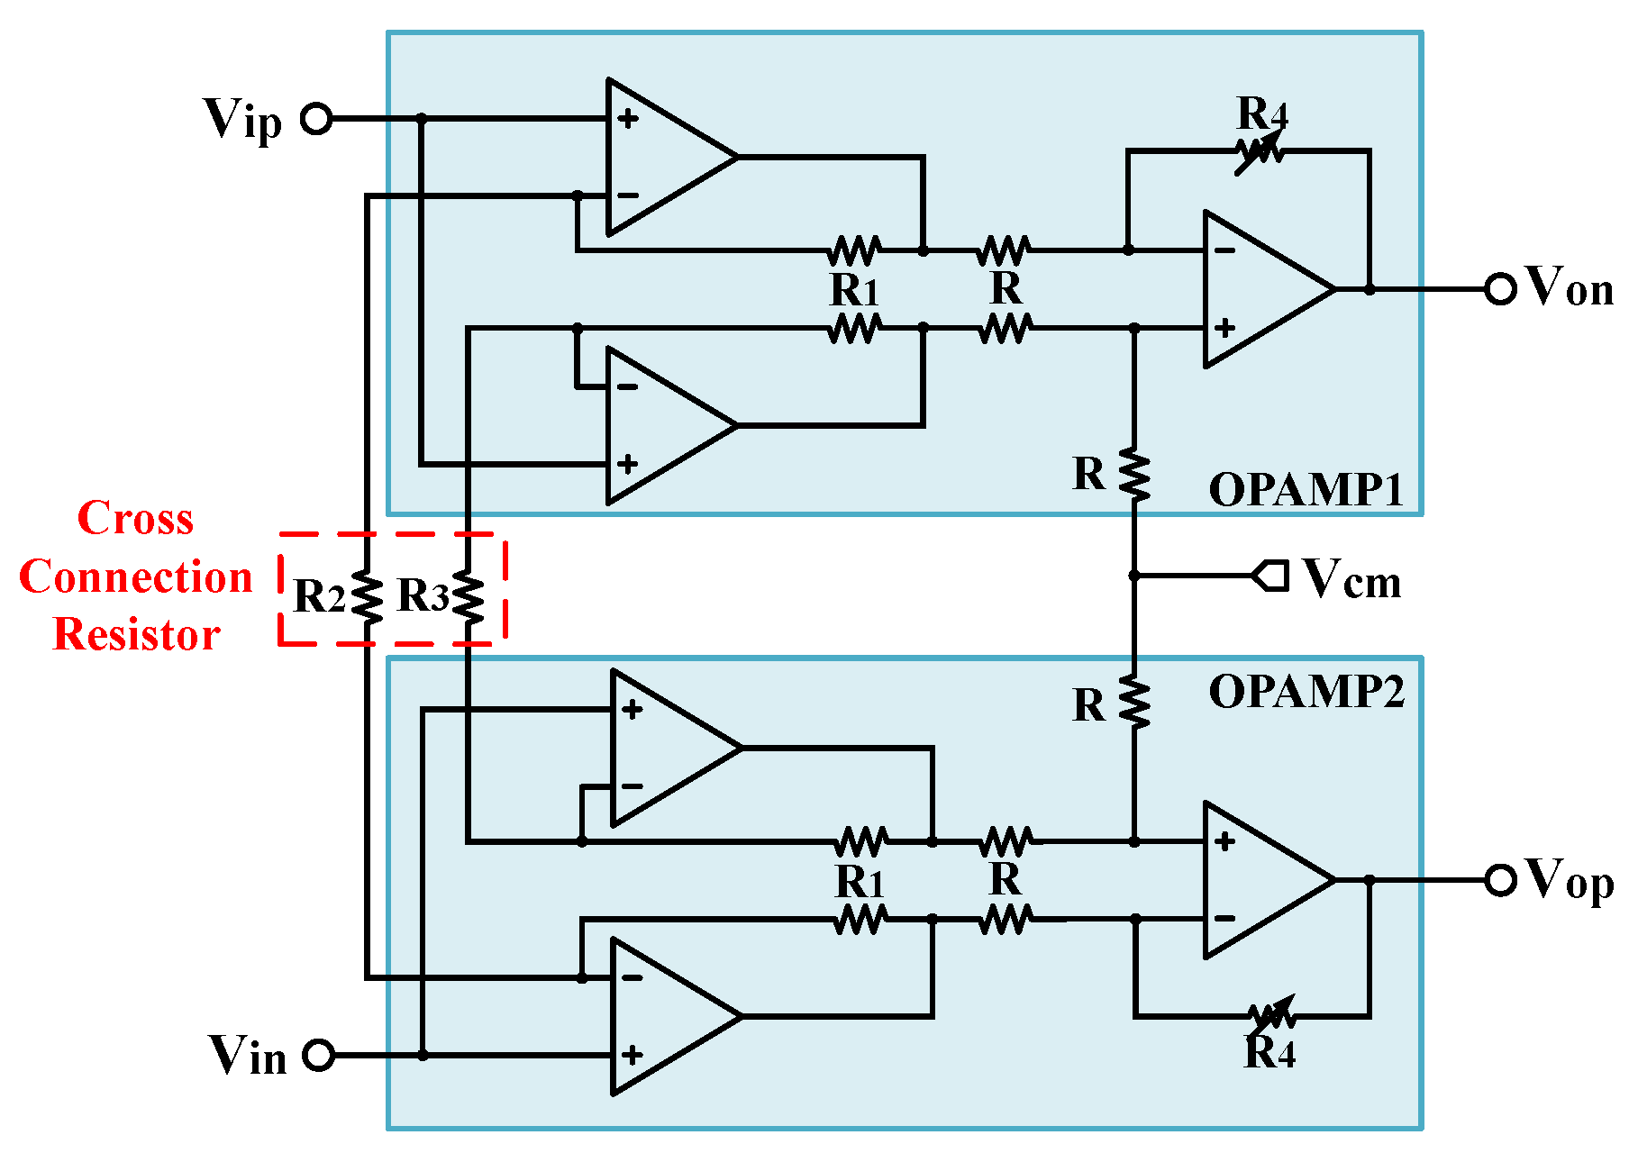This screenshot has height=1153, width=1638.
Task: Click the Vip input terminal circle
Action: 316,118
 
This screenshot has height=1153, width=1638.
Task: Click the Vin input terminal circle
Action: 318,1054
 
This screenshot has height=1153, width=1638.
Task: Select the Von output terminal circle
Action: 1499,289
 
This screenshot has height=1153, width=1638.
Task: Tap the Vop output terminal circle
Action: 1500,880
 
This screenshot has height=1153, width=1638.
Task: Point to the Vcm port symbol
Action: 1271,575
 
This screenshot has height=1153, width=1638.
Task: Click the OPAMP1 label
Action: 1306,491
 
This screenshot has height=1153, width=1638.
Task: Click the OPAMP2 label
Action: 1306,692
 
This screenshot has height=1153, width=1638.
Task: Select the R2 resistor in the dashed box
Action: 368,595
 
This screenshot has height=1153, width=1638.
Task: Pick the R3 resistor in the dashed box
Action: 469,595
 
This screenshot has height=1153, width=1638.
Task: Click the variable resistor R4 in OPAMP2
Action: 1271,1017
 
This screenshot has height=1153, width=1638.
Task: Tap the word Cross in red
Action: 135,518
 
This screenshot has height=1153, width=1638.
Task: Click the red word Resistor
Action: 137,634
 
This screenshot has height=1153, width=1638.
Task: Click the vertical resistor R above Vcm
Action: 1134,476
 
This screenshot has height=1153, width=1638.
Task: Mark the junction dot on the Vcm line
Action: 1134,575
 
